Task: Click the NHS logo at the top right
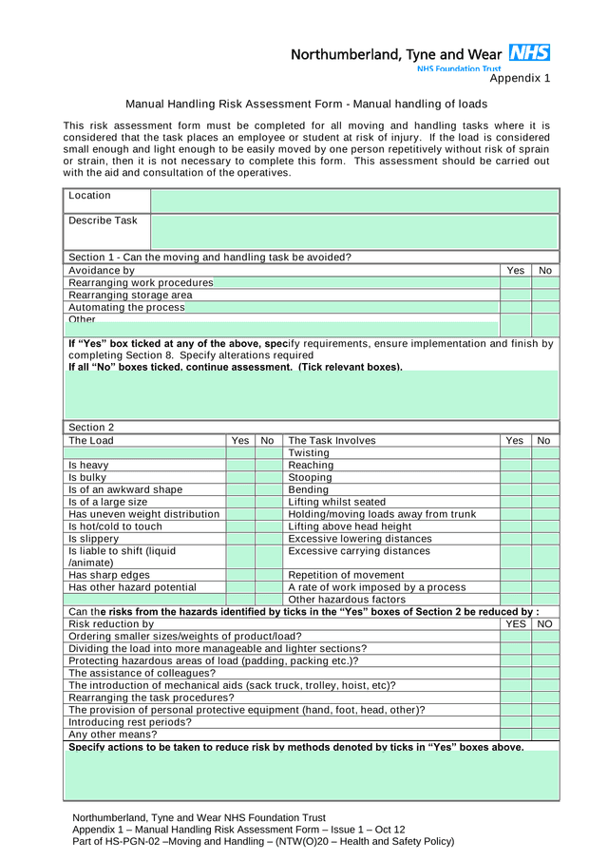(529, 53)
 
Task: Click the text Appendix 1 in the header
(520, 79)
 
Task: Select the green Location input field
(354, 201)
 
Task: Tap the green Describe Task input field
(354, 232)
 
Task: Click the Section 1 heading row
(210, 258)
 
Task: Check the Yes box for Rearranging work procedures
(515, 283)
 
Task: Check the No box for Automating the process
(544, 308)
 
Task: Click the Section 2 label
(91, 428)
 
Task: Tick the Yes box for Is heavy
(240, 466)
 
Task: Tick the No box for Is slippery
(268, 539)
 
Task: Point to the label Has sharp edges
(109, 575)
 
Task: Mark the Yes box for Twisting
(515, 453)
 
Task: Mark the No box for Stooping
(544, 478)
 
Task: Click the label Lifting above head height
(350, 526)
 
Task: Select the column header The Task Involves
(332, 441)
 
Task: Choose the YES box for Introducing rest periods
(515, 722)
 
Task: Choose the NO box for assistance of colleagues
(544, 673)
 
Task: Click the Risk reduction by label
(111, 624)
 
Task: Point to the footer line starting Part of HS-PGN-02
(263, 841)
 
